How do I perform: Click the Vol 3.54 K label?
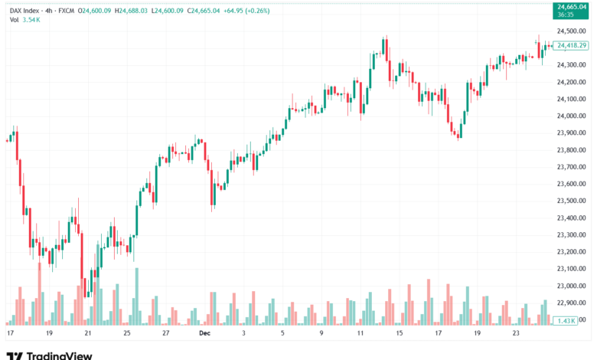coord(24,19)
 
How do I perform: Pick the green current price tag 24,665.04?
coord(571,8)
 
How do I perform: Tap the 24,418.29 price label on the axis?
coord(572,46)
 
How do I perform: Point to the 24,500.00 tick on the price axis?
coord(571,31)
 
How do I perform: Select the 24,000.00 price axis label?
coord(571,116)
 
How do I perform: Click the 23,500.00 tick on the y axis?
coord(571,201)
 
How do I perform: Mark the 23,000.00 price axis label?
coord(571,286)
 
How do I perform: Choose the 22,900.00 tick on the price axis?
coord(571,303)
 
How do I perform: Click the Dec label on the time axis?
coord(204,334)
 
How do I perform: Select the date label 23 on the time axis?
coord(515,334)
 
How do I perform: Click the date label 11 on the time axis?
coord(360,334)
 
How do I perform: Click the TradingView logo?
coord(49,355)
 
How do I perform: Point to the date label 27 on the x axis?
coord(166,334)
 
